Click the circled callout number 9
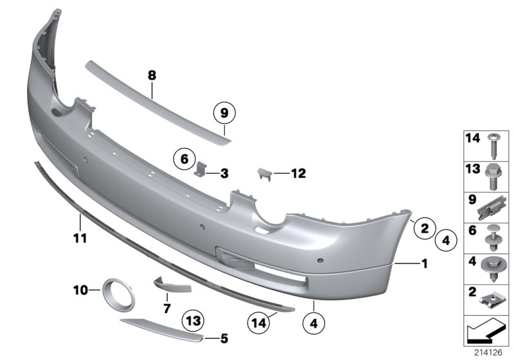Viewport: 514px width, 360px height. point(224,114)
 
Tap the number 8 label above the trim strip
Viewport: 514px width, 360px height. point(152,76)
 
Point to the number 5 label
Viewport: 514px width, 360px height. point(224,337)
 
